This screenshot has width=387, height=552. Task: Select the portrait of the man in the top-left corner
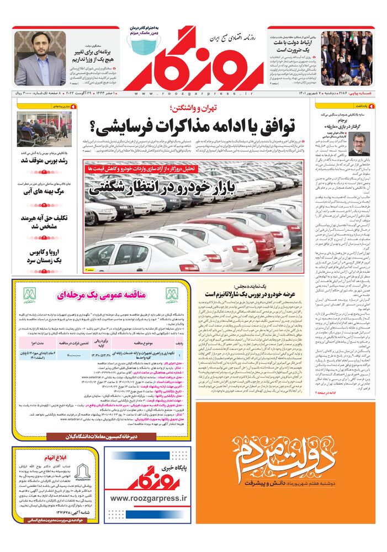coord(39,58)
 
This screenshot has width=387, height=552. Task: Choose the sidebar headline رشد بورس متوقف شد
coord(44,161)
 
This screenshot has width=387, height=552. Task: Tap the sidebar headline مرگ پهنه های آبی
coord(44,192)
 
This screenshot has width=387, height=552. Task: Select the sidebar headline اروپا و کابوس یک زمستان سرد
coord(44,256)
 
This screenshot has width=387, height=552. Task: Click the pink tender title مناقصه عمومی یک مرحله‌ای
coord(102,295)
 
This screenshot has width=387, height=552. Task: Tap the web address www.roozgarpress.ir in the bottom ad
coord(149,498)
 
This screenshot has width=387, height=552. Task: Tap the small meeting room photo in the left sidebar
coord(44,129)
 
